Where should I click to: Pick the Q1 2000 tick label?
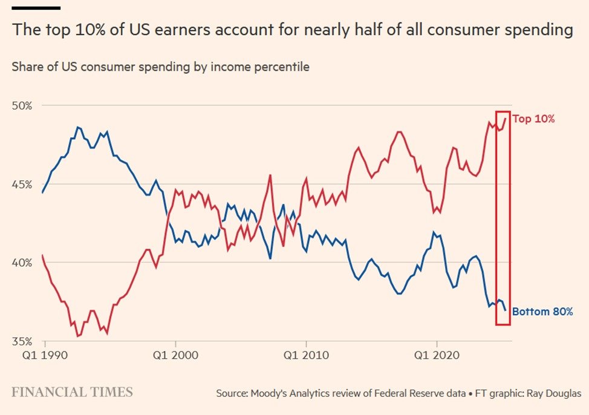(x=175, y=355)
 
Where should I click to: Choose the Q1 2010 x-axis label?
(x=307, y=355)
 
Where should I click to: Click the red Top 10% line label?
(x=533, y=119)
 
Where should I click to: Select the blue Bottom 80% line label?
(x=542, y=312)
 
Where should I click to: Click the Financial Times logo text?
(x=72, y=392)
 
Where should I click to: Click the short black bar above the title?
(x=36, y=8)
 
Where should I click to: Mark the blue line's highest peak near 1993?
(x=78, y=127)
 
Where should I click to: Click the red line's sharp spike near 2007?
(x=270, y=175)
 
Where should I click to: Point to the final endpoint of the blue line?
(x=506, y=310)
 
